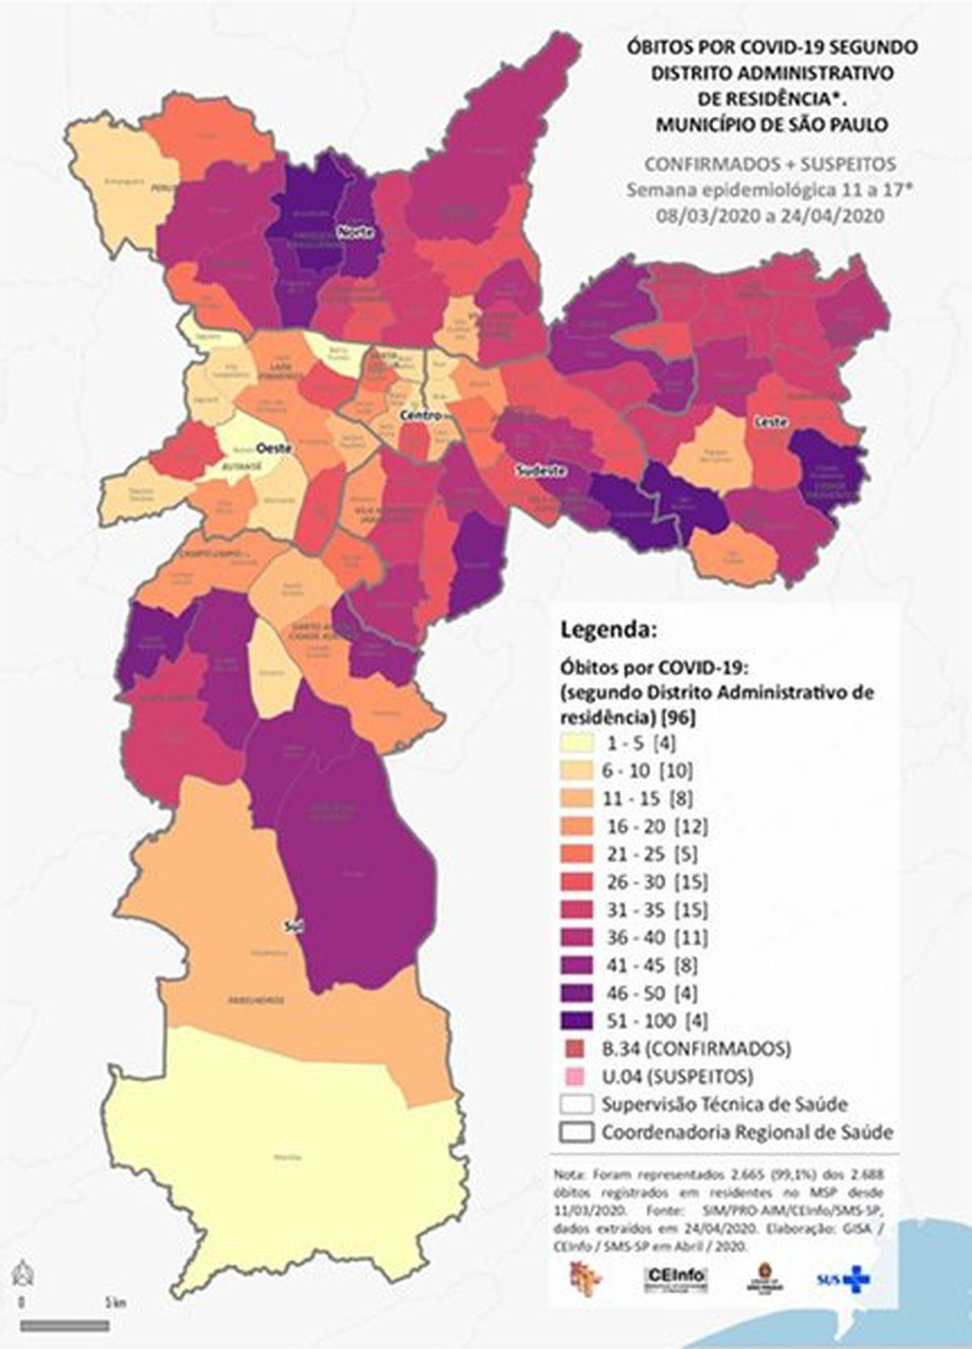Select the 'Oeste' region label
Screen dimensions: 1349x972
(273, 447)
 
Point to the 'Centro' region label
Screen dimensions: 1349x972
(420, 416)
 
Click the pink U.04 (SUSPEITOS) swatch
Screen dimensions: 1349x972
(578, 1076)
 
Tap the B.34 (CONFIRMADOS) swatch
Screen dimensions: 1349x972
(578, 1048)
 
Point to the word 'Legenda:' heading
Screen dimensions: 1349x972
(608, 630)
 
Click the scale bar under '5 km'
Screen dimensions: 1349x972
(65, 1326)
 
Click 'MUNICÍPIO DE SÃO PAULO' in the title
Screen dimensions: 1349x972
(771, 125)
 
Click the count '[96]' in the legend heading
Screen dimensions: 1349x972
(678, 717)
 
